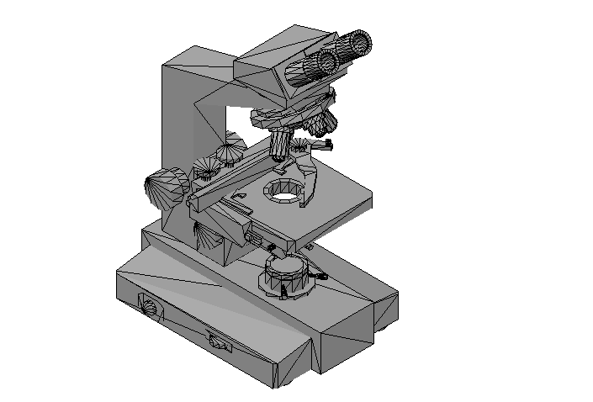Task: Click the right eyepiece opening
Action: tap(360, 42)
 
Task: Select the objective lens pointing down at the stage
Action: tap(280, 145)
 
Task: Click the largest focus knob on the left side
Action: tap(166, 188)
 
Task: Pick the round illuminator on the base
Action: tap(286, 272)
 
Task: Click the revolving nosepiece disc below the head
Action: tap(290, 114)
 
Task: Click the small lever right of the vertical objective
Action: tap(323, 145)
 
